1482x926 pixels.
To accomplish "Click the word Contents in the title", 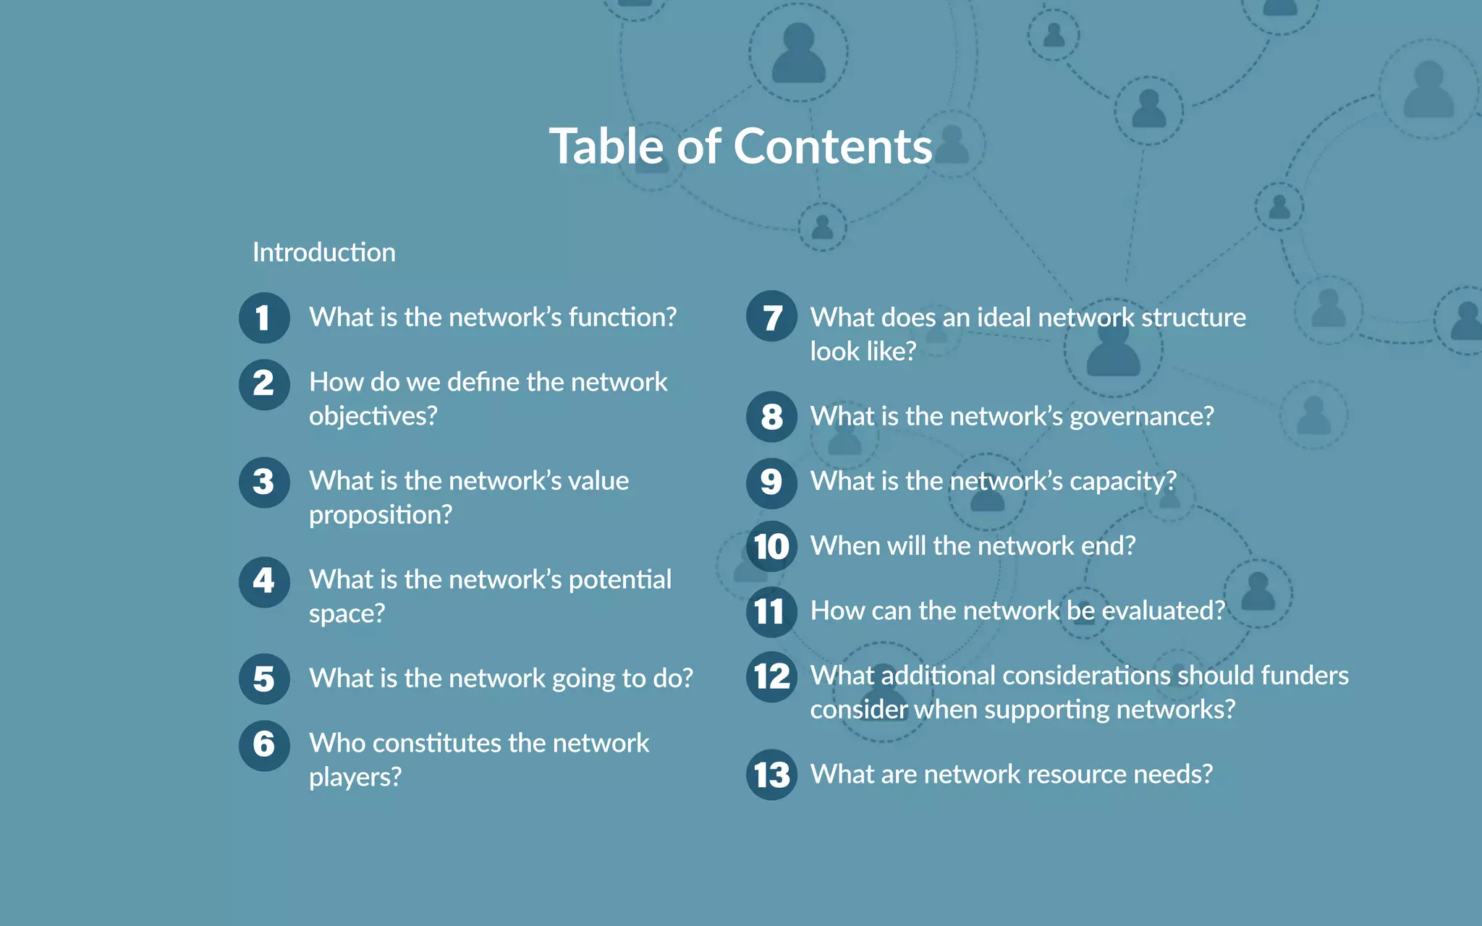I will [833, 147].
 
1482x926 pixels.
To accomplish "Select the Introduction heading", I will [323, 252].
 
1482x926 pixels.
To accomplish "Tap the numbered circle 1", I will [264, 318].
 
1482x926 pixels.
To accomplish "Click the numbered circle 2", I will [264, 384].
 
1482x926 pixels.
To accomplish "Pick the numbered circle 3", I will [264, 482].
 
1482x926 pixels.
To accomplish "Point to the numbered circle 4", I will [264, 581].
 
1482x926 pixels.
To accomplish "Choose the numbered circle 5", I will [264, 679].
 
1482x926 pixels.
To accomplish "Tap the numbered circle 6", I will [264, 744].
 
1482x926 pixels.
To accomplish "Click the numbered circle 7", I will [771, 318].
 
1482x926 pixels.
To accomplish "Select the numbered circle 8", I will [771, 417].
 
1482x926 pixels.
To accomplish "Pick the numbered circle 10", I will [771, 547].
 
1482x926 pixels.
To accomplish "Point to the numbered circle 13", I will [771, 775].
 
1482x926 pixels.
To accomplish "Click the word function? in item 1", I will [622, 318].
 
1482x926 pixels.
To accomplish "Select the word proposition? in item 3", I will [381, 515].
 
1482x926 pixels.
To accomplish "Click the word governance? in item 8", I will [1142, 417].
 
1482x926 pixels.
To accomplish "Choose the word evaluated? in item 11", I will [1164, 611].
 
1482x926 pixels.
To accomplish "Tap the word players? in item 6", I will [355, 778].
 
